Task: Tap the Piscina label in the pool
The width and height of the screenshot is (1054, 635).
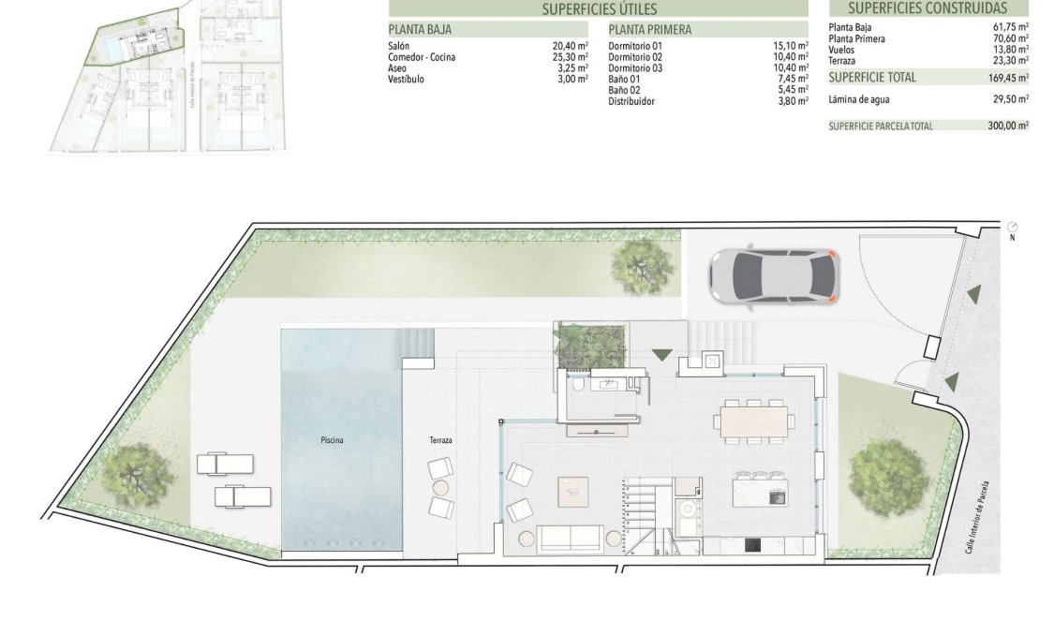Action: [330, 439]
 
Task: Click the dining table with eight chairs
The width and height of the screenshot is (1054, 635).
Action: [754, 421]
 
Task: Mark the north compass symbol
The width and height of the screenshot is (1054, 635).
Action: [1012, 228]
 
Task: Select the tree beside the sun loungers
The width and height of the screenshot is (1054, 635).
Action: [137, 474]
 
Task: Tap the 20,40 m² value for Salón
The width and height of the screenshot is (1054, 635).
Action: [570, 46]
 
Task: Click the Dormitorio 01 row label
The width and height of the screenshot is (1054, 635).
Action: [635, 46]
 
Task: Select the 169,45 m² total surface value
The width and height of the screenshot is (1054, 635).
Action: [1009, 78]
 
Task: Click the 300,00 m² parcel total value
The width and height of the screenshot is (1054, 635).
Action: [1009, 126]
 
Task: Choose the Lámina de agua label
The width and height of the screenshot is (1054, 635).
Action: [859, 98]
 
